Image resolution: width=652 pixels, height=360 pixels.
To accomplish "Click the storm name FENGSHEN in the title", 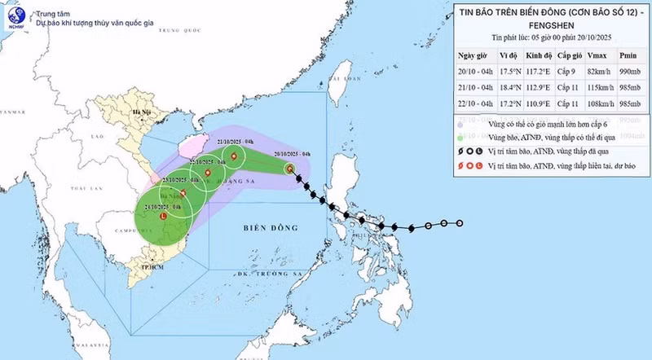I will (x=550, y=24).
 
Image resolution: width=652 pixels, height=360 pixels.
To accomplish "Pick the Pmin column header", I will (x=628, y=55).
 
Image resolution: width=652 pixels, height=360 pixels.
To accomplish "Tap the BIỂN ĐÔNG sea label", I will (x=268, y=230).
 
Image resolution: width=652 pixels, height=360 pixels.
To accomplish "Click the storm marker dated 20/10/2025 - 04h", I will (x=290, y=169).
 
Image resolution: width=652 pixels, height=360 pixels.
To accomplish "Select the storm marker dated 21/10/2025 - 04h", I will (x=235, y=156).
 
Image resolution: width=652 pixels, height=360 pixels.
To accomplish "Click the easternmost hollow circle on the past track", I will (x=460, y=223).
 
